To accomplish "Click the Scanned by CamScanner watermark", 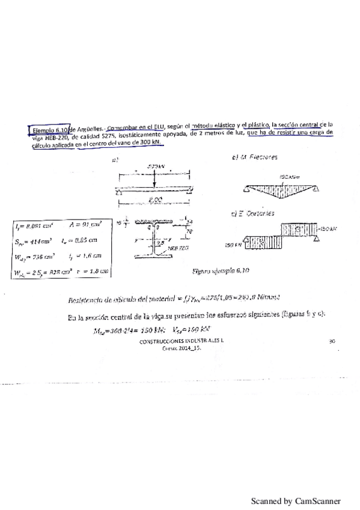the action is tap(295, 500).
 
